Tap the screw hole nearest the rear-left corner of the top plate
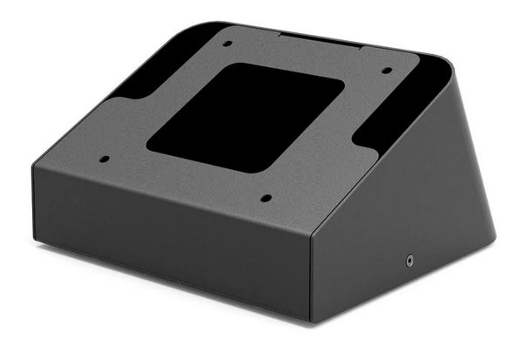[x=226, y=43]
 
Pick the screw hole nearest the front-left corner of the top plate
[x=105, y=159]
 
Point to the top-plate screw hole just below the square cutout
[x=266, y=198]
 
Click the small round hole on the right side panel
[x=409, y=259]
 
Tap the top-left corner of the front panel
[x=35, y=165]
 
